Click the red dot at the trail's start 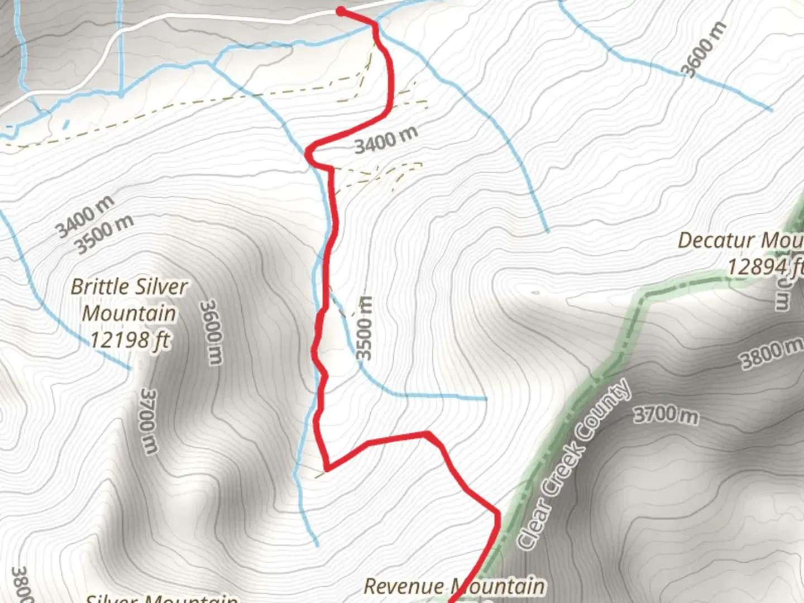coord(341,11)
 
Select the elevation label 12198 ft coord(130,339)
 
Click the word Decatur coord(715,241)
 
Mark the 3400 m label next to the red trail coord(386,140)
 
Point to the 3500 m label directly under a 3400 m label coord(104,233)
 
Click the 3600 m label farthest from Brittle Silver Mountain coord(705,50)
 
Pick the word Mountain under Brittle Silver coord(130,313)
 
